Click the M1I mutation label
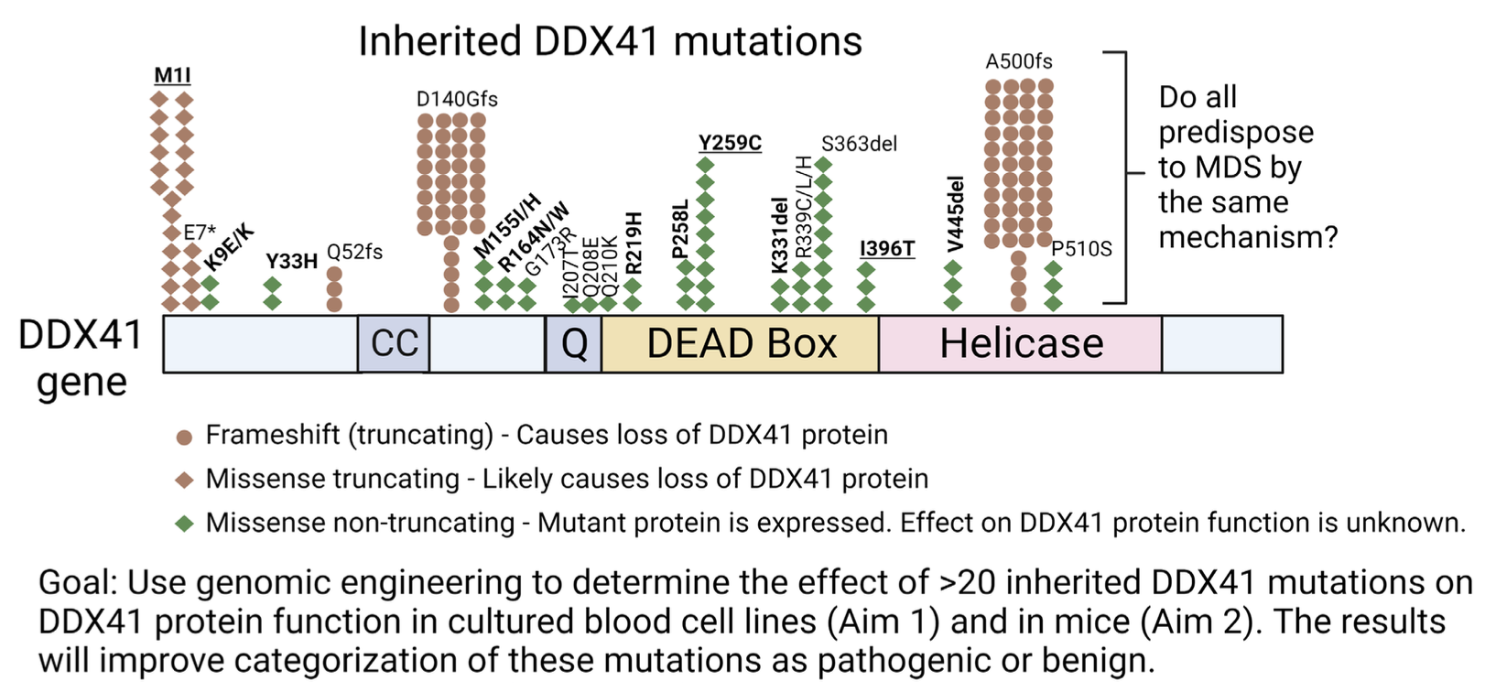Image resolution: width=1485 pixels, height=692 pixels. (172, 75)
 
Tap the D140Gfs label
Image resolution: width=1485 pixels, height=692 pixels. (457, 99)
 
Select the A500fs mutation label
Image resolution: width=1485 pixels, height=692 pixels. (1019, 61)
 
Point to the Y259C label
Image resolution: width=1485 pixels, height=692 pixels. (730, 144)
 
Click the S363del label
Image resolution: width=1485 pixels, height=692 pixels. (859, 144)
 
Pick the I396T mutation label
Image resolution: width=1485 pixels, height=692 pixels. (887, 249)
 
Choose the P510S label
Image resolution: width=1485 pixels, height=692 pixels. (1081, 249)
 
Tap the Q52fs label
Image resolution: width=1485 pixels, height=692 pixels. (354, 252)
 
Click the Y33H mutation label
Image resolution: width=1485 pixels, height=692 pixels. (291, 262)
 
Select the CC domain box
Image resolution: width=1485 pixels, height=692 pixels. (394, 344)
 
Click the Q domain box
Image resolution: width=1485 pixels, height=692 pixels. (574, 344)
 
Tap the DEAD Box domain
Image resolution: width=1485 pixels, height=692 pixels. (741, 344)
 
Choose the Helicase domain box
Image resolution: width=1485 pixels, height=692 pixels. (1021, 344)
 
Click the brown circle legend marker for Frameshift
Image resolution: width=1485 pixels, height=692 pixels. (185, 437)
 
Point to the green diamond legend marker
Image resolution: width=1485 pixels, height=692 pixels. (185, 524)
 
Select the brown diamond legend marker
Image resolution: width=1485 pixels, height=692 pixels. (185, 480)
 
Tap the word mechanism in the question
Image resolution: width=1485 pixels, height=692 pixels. (1247, 238)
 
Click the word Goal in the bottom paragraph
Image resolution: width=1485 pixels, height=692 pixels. (77, 583)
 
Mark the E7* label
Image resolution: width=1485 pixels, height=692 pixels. (200, 232)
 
